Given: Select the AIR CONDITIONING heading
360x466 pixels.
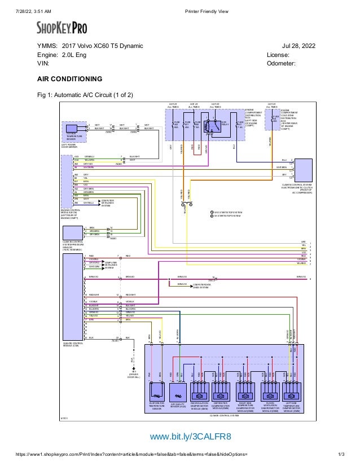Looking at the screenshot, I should (x=69, y=79).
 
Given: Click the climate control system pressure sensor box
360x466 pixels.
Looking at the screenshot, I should (x=73, y=232).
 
